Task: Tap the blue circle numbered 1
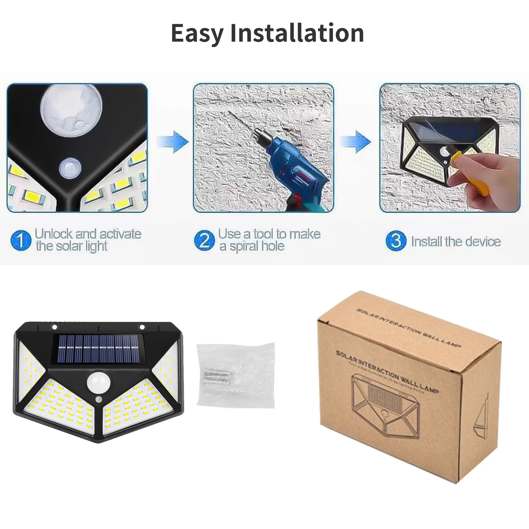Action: pyautogui.click(x=20, y=240)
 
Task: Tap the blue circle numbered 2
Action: pyautogui.click(x=204, y=240)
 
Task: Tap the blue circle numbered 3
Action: pyautogui.click(x=395, y=241)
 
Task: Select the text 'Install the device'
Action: pyautogui.click(x=456, y=241)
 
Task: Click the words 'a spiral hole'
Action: pyautogui.click(x=252, y=247)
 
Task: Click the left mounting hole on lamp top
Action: pyautogui.click(x=54, y=327)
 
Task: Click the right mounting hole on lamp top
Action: pyautogui.click(x=142, y=327)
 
